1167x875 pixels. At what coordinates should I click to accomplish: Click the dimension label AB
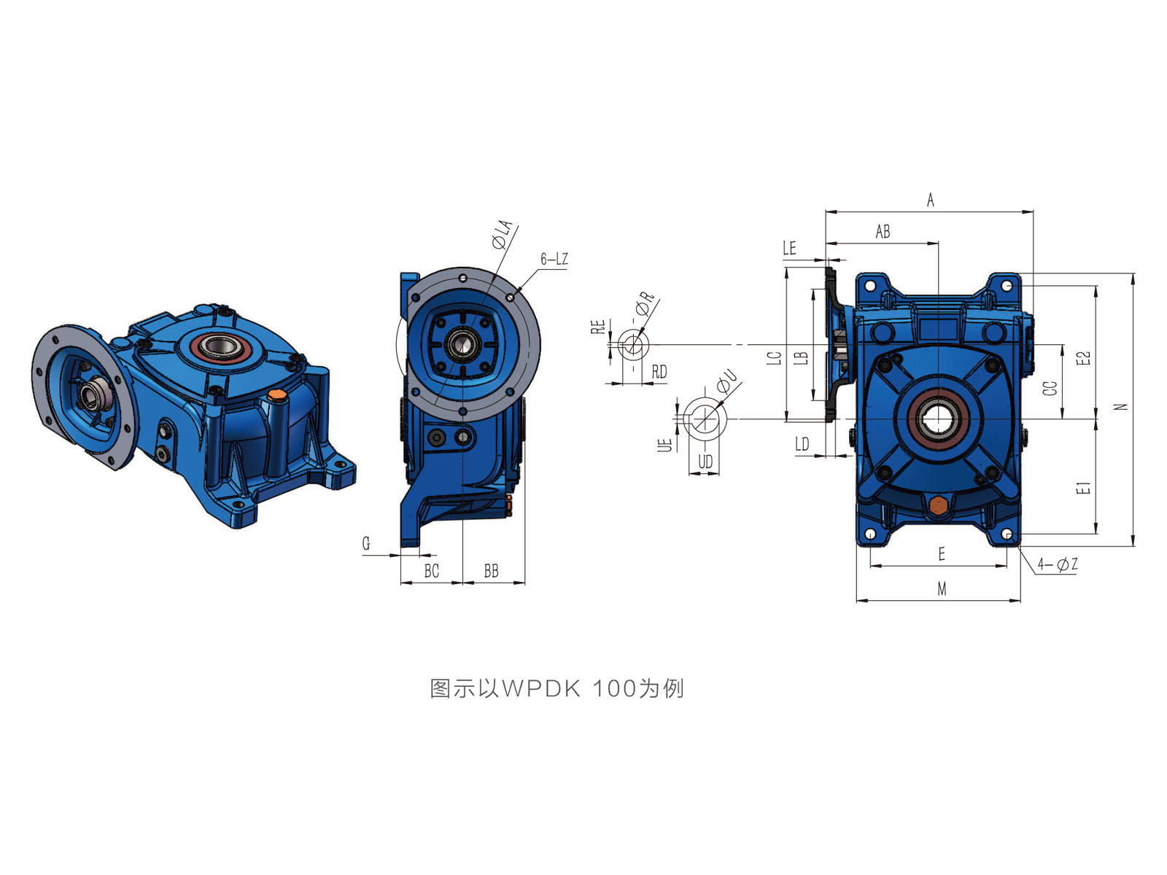pyautogui.click(x=883, y=232)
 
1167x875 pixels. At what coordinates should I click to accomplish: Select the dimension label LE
pyautogui.click(x=789, y=248)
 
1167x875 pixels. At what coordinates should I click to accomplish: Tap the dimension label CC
pyautogui.click(x=1050, y=389)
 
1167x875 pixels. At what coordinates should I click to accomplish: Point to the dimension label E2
pyautogui.click(x=1083, y=358)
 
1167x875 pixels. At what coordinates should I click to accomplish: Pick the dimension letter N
pyautogui.click(x=1120, y=407)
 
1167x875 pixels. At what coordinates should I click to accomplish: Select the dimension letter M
pyautogui.click(x=942, y=588)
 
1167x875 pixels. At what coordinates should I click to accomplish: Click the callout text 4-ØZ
pyautogui.click(x=1058, y=564)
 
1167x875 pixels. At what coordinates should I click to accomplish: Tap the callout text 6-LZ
pyautogui.click(x=554, y=259)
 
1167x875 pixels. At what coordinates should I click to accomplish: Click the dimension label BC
pyautogui.click(x=432, y=571)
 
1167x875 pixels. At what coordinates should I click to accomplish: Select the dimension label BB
pyautogui.click(x=492, y=571)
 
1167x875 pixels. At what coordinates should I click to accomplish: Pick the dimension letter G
pyautogui.click(x=366, y=543)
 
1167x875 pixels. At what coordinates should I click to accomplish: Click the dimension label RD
pyautogui.click(x=659, y=371)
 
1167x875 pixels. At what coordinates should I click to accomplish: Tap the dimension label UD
pyautogui.click(x=705, y=462)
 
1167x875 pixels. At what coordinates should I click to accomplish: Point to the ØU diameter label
pyautogui.click(x=727, y=381)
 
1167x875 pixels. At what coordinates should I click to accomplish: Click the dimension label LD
pyautogui.click(x=802, y=443)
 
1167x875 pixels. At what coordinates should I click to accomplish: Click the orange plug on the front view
pyautogui.click(x=938, y=504)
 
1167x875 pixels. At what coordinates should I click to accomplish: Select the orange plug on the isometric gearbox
pyautogui.click(x=276, y=395)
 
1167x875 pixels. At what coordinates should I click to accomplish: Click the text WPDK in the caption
pyautogui.click(x=540, y=688)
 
